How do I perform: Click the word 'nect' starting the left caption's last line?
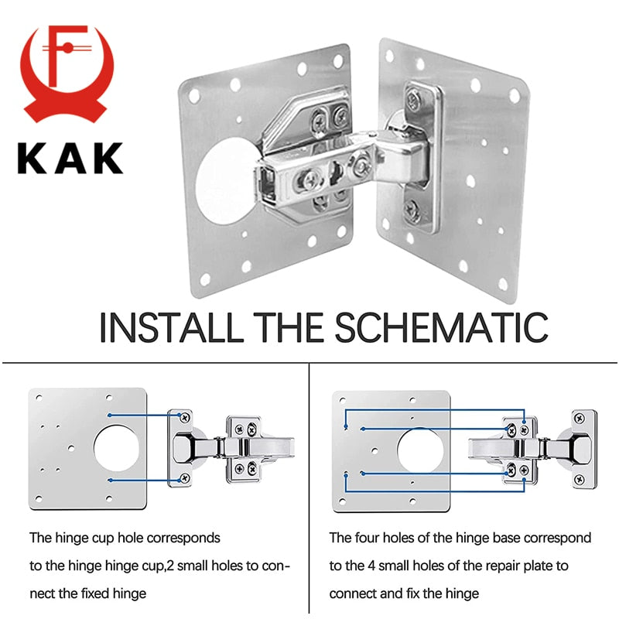point(43,593)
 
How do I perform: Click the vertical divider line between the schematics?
point(309,487)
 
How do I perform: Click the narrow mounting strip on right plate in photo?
point(425,158)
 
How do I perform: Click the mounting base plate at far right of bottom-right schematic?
point(584,449)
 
